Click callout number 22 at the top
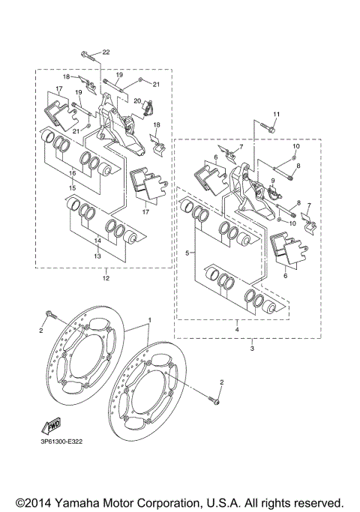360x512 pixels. [x=106, y=52]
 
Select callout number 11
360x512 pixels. [x=275, y=114]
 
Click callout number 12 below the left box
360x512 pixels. [x=106, y=278]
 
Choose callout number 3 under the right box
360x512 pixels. [x=252, y=349]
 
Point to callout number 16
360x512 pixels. [x=73, y=172]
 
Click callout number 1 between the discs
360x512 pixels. [x=148, y=320]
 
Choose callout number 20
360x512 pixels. [x=137, y=100]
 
